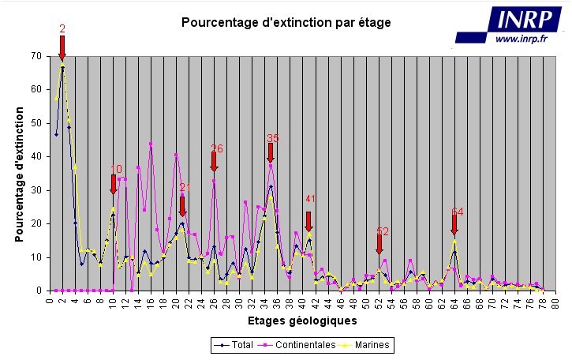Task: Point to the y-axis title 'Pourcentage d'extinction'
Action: coord(18,174)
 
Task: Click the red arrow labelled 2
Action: coord(62,47)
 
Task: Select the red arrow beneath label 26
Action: coord(214,161)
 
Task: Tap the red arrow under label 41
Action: coord(308,221)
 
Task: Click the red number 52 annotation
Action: coord(383,231)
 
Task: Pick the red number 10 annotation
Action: coord(115,169)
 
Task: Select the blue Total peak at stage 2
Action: coord(62,69)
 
